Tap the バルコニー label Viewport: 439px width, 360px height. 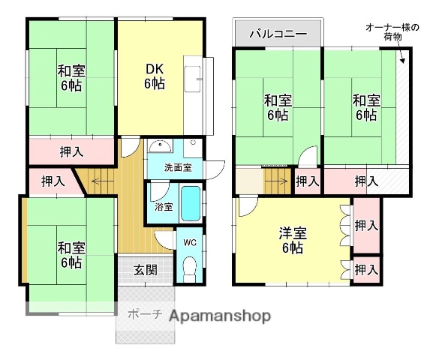tap(277, 34)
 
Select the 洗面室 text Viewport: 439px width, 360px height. tap(178, 168)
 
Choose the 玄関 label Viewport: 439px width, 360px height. tap(146, 270)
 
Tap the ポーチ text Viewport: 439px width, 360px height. tap(145, 315)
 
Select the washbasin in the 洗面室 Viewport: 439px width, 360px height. tap(158, 146)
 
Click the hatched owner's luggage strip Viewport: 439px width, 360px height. tap(404, 112)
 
